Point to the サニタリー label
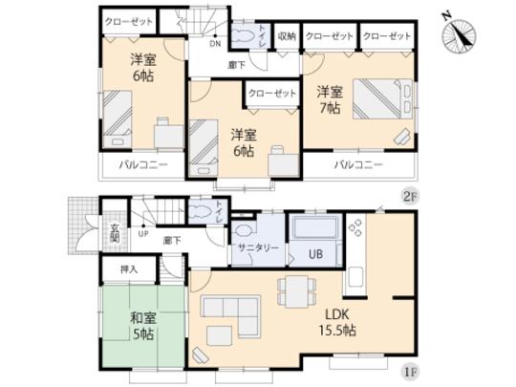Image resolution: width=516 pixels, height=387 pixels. [x=254, y=247]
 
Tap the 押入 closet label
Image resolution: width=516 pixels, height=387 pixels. [x=129, y=270]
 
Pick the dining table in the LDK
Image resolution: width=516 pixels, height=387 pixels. [x=293, y=288]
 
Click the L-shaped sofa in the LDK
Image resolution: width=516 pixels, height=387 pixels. [x=232, y=314]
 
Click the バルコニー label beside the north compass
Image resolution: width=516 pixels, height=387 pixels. [x=359, y=164]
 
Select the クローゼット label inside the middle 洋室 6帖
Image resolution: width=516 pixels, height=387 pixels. [x=270, y=94]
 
